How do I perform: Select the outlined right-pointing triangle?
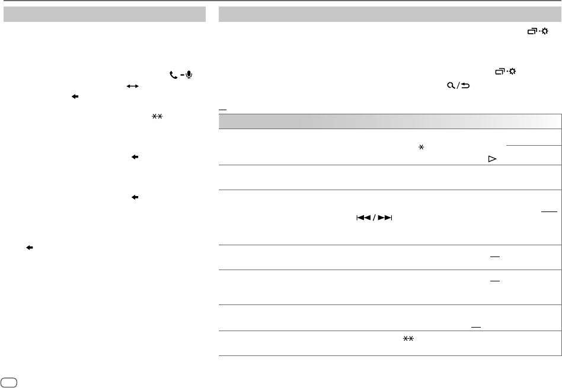[491, 160]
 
